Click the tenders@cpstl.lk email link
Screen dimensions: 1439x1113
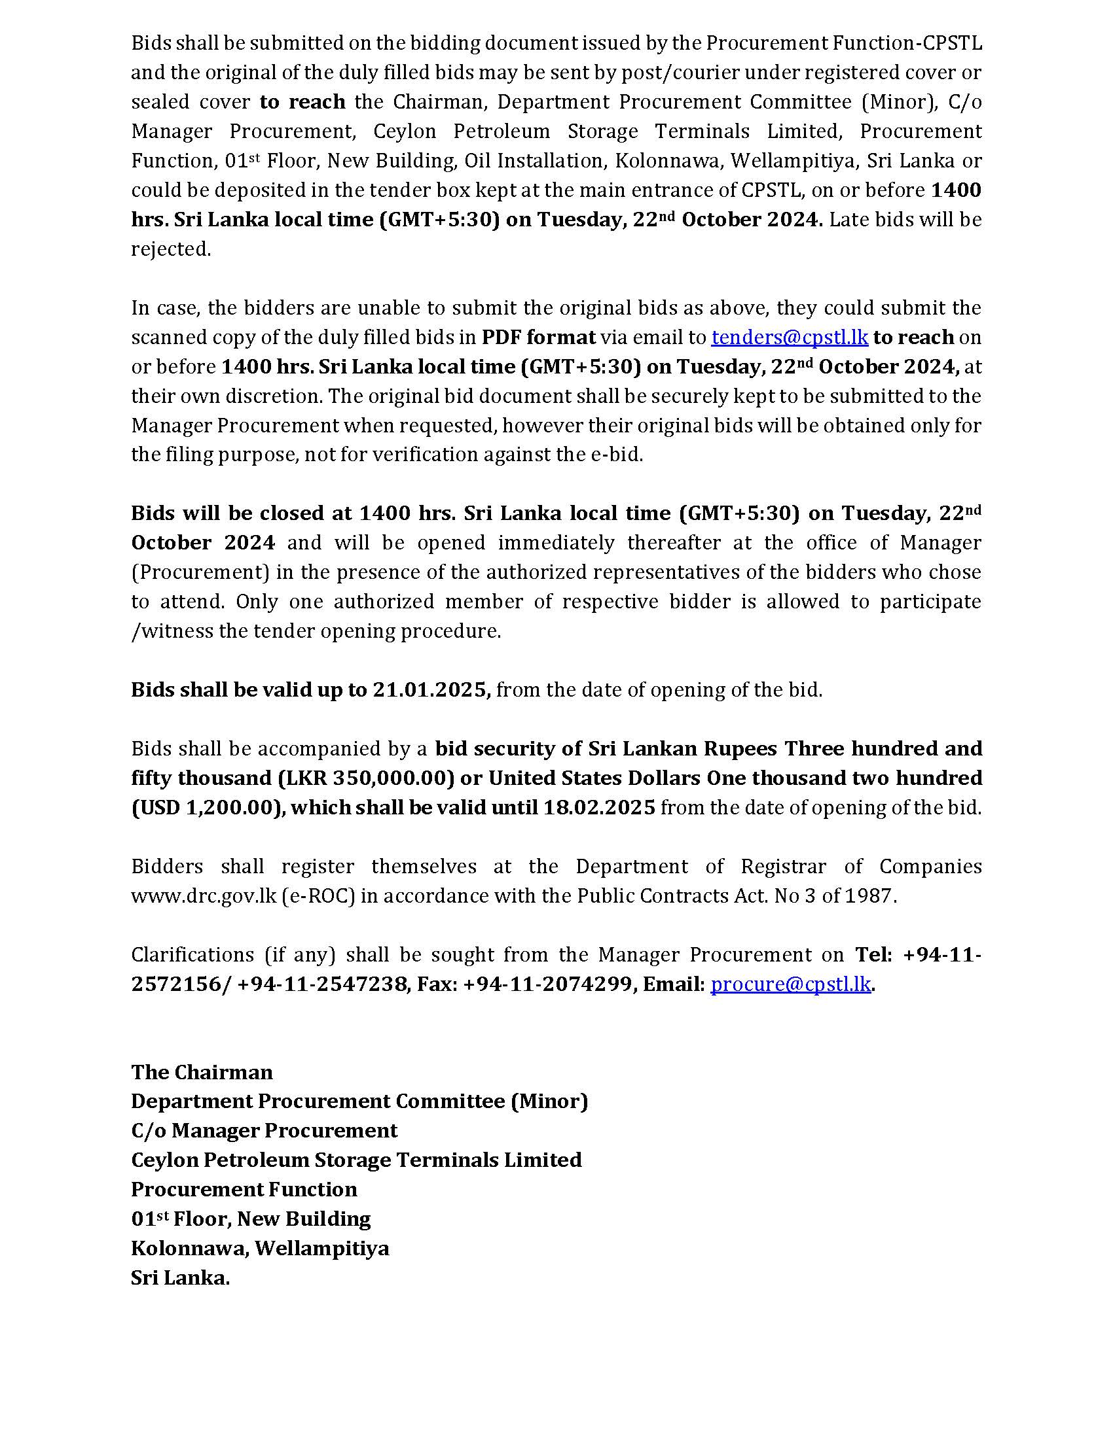click(790, 338)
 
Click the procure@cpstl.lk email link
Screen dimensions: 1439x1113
click(791, 984)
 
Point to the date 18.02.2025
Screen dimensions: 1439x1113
click(598, 807)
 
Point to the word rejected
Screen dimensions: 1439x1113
click(170, 249)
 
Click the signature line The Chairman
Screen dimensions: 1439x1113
click(202, 1072)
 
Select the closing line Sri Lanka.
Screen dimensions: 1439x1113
click(180, 1277)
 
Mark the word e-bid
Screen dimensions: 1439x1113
click(617, 455)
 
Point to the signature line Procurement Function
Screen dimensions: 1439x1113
click(244, 1189)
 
